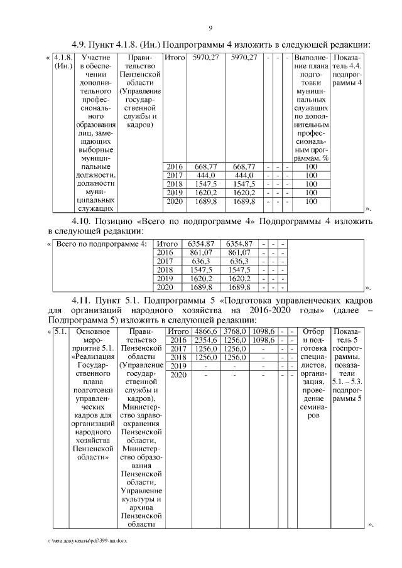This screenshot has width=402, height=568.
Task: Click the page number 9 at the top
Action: click(x=210, y=28)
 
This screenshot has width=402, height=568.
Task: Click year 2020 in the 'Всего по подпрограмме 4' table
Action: click(x=165, y=287)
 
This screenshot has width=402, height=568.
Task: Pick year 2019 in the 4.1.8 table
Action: click(x=174, y=193)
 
